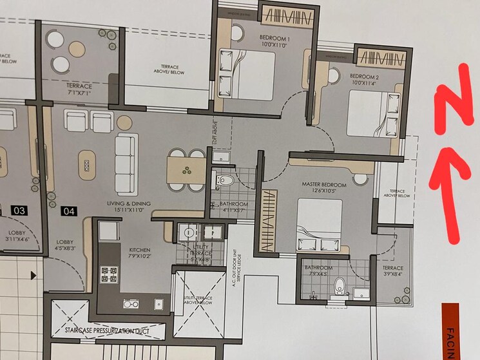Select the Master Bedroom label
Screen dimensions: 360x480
click(x=324, y=185)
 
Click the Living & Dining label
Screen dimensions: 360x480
click(x=129, y=204)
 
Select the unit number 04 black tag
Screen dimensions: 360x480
click(x=69, y=211)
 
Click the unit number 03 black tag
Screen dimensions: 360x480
click(x=20, y=211)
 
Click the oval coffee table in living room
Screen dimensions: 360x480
click(x=85, y=166)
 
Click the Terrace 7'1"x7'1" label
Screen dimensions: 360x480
click(x=75, y=90)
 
